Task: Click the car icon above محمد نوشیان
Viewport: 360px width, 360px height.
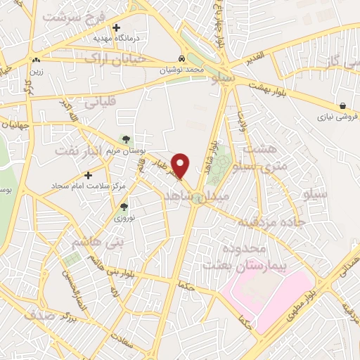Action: click(182, 59)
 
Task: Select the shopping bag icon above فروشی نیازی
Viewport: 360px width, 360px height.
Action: click(342, 105)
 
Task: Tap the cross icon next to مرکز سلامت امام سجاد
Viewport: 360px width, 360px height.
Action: click(88, 175)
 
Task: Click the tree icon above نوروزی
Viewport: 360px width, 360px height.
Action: click(124, 207)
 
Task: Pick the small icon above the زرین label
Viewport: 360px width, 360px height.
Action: click(35, 60)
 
